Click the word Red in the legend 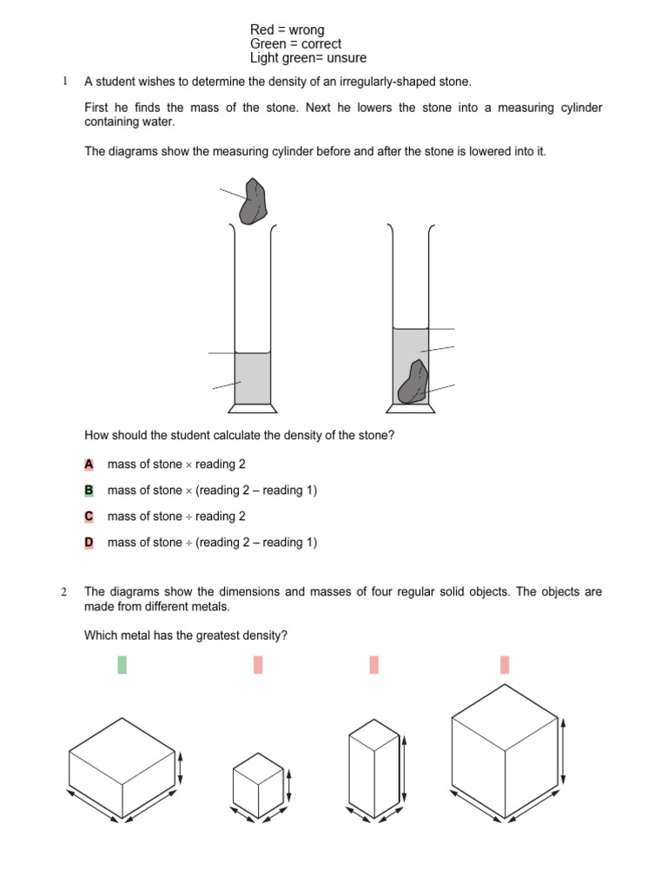262,30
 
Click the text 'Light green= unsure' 308,58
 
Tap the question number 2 64,592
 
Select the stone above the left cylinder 254,201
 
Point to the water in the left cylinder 252,378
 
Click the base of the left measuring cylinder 253,407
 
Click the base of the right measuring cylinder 411,408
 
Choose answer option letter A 89,464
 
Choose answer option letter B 89,491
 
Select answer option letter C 89,517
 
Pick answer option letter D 89,543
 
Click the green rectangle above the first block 122,665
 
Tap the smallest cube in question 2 258,779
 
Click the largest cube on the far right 505,751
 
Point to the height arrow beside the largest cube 565,750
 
